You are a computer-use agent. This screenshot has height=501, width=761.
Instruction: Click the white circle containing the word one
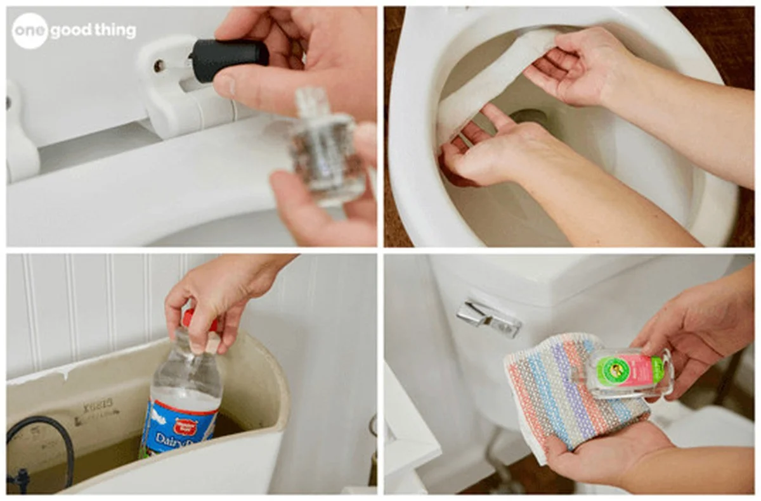point(30,31)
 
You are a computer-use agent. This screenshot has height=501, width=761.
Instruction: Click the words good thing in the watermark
point(93,31)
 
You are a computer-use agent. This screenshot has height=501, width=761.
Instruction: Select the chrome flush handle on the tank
point(488,318)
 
